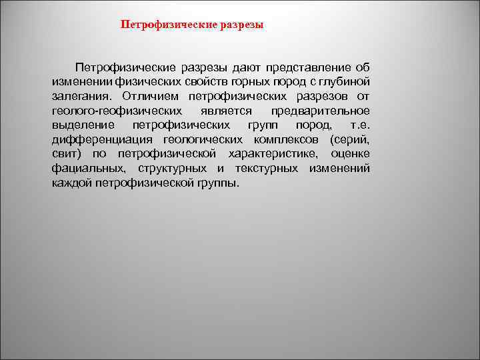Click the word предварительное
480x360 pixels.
[x=321, y=111]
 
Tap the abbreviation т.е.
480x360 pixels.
[x=359, y=125]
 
